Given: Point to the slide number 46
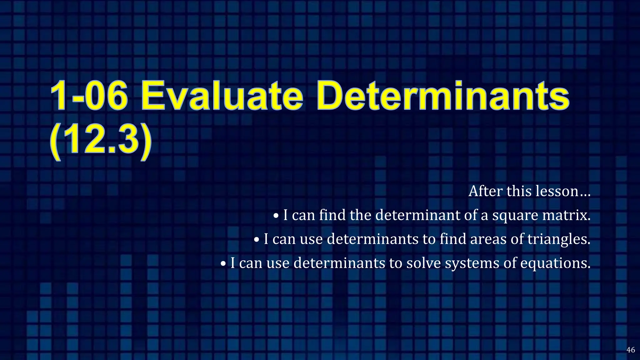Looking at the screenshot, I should point(631,350).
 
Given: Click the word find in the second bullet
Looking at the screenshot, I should point(452,239).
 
